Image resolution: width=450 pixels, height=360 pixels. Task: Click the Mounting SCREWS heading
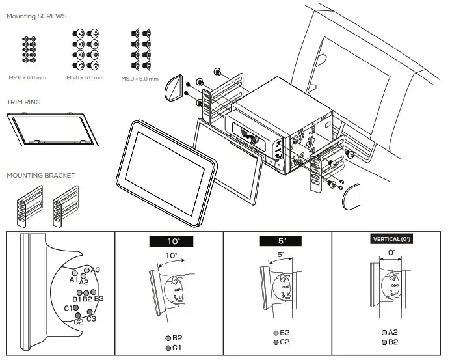pyautogui.click(x=36, y=16)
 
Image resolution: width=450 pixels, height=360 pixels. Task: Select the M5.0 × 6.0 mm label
pyautogui.click(x=85, y=77)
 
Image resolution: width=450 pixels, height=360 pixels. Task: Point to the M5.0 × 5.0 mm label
pyautogui.click(x=139, y=78)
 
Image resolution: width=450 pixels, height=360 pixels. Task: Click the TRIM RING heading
pyautogui.click(x=23, y=102)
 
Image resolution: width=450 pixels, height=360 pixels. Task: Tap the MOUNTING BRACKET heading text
pyautogui.click(x=40, y=175)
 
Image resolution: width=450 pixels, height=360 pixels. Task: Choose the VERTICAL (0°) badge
pyautogui.click(x=392, y=239)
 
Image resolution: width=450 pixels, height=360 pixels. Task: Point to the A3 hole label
pyautogui.click(x=95, y=270)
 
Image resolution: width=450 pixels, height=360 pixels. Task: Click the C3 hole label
pyautogui.click(x=91, y=318)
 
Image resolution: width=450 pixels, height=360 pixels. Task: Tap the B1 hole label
pyautogui.click(x=77, y=299)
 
